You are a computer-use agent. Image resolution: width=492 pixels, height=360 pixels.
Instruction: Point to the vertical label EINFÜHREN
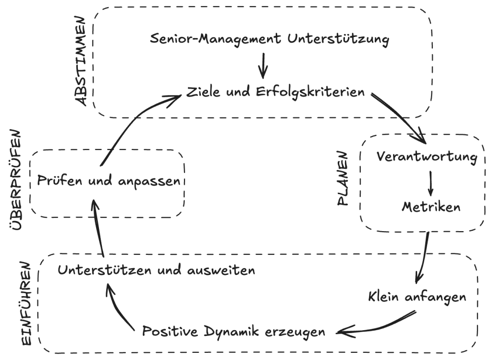(x=27, y=304)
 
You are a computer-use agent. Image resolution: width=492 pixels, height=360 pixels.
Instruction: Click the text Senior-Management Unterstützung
(x=269, y=39)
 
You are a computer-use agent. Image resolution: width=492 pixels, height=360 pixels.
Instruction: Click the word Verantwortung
(x=427, y=157)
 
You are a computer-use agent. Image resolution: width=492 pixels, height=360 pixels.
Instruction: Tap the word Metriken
(x=430, y=207)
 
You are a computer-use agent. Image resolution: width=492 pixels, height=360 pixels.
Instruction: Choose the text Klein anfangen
(x=417, y=296)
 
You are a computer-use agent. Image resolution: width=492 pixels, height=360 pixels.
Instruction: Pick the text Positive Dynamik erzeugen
(x=234, y=331)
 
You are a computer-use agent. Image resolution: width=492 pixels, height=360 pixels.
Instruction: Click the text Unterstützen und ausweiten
(x=156, y=270)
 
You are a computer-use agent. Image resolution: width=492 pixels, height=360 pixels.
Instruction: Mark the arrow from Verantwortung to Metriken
(x=430, y=182)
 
